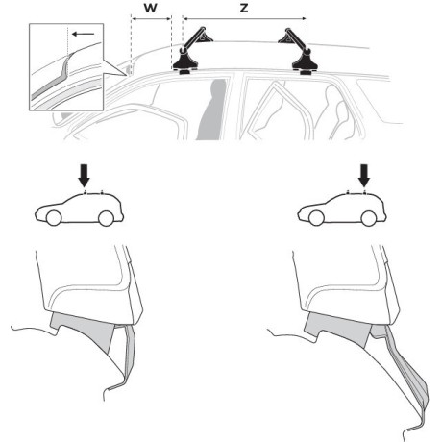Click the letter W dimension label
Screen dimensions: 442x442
[150, 8]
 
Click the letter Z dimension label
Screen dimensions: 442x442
[244, 8]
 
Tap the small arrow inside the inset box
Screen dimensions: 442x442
[83, 34]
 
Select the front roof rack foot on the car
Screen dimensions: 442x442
[185, 62]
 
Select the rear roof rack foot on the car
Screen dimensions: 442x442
[305, 62]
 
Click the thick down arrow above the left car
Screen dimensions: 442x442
[85, 176]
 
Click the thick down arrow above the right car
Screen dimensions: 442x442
[364, 176]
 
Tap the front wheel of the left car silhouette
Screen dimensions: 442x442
[54, 218]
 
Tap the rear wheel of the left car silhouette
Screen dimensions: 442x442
[106, 218]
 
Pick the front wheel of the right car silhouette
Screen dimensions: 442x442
[317, 218]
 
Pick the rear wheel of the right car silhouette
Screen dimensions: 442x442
[369, 218]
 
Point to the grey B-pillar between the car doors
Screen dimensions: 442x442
[211, 110]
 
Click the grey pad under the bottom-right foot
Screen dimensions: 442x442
[339, 330]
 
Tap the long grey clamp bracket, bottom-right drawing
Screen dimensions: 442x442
[404, 378]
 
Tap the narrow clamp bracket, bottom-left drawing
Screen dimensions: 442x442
[127, 356]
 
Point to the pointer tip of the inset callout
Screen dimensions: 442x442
[126, 76]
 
